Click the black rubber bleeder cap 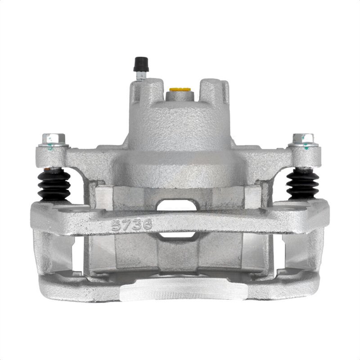pos(141,64)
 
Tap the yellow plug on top pos(180,89)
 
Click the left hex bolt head pos(54,139)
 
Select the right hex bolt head pos(303,139)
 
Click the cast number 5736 pos(132,225)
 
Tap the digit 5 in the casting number pos(116,225)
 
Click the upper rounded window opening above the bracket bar pos(177,205)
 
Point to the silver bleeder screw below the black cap pos(141,75)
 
